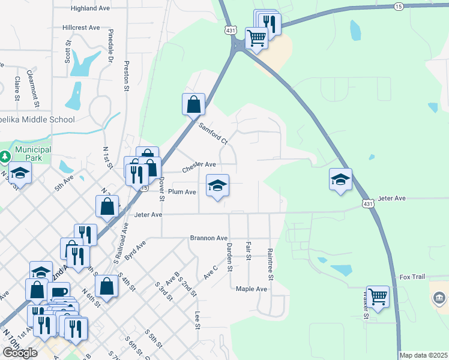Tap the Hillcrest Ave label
[x=81, y=28]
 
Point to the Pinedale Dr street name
[x=110, y=46]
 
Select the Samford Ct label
[x=214, y=133]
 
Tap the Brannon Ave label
[x=209, y=238]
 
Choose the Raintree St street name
[x=270, y=265]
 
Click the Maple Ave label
[x=252, y=289]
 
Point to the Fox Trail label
[x=412, y=277]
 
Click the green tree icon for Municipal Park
[x=5, y=157]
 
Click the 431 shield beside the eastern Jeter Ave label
[x=367, y=204]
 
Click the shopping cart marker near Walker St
[x=378, y=296]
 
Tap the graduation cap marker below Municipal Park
[x=20, y=173]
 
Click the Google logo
[x=20, y=352]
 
